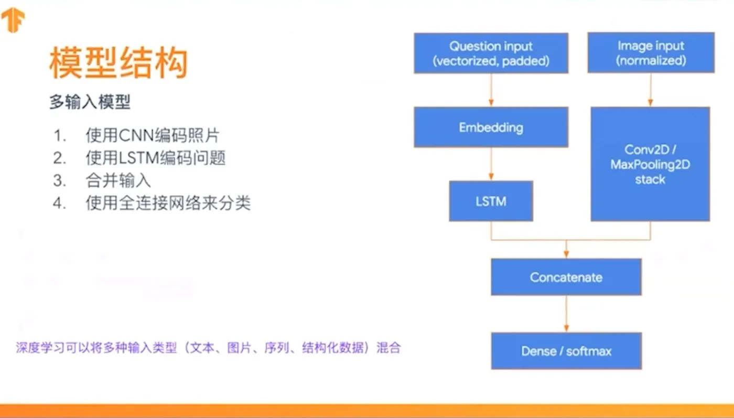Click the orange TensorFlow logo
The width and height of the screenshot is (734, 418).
[13, 21]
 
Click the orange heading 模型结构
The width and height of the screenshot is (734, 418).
[118, 64]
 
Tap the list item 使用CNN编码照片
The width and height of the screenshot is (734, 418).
[153, 136]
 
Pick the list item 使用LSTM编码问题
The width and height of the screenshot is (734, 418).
[156, 158]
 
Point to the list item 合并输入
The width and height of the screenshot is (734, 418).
[118, 180]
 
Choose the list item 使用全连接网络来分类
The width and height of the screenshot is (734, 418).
[168, 203]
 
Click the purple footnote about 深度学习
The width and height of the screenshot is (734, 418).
[208, 348]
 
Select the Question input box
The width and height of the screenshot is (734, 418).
[491, 53]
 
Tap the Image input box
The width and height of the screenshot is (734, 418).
[651, 52]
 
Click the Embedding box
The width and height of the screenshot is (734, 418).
[491, 127]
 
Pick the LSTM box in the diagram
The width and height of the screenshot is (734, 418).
[491, 201]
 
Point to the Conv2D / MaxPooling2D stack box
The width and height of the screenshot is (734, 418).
[650, 164]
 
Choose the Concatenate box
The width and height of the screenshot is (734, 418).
[566, 277]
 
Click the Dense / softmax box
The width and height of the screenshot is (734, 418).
[566, 350]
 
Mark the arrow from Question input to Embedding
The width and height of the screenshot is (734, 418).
[491, 90]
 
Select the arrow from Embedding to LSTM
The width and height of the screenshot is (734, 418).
[491, 164]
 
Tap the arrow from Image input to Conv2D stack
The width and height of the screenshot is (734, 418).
[651, 89]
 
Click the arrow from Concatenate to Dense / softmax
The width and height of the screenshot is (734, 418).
[566, 313]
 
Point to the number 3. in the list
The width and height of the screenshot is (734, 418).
[59, 180]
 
